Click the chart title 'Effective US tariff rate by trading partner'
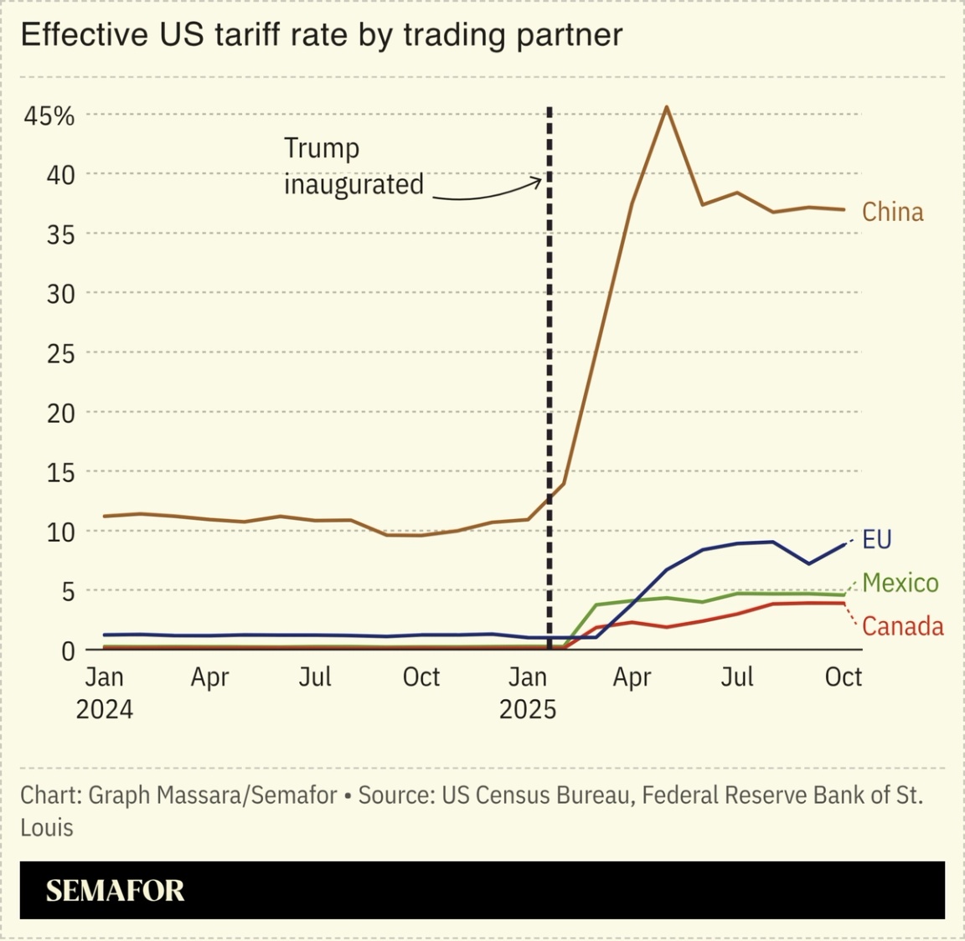coord(321,35)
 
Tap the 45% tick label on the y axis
coord(49,116)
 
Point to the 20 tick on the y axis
coord(60,413)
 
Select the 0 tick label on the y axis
coord(67,650)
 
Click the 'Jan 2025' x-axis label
coord(527,692)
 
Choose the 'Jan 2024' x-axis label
coord(105,692)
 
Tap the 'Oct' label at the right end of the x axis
coord(843,676)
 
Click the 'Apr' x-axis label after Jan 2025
coord(632,676)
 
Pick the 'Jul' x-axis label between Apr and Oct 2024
coord(315,676)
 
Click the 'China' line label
coord(893,212)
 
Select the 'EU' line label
coord(876,539)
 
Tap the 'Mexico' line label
coord(900,583)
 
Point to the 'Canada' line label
coord(902,626)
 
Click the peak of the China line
coord(666,107)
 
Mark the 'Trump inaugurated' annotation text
coord(353,166)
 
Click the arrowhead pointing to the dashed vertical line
coord(539,182)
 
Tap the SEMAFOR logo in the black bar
coord(115,891)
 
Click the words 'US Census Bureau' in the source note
coord(536,794)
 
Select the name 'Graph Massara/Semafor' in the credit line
coord(213,794)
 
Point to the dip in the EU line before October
coord(808,563)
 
